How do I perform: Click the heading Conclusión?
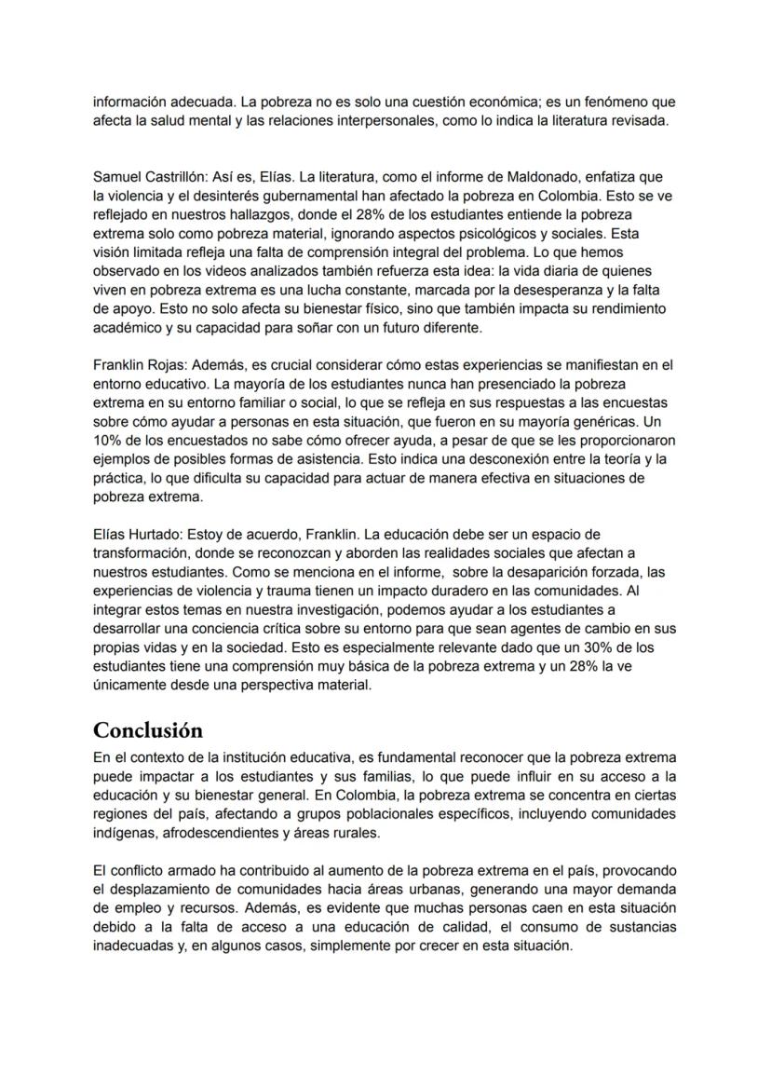pos(148,728)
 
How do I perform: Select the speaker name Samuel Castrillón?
pos(144,176)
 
